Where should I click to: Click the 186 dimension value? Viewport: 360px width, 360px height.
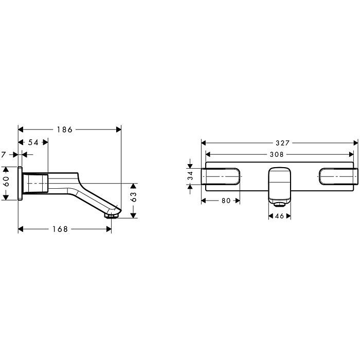coord(64,130)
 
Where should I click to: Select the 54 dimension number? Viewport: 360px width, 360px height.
coord(33,142)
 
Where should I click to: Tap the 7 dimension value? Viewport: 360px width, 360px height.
coord(3,155)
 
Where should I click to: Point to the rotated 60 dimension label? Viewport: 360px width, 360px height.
coord(6,182)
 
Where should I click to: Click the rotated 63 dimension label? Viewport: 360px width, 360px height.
coord(133,197)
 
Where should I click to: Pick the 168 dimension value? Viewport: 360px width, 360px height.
coord(60,229)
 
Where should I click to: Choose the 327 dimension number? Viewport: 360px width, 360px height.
coord(283,143)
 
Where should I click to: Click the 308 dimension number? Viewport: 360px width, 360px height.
coord(277,154)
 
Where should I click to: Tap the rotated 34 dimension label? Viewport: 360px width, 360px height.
coord(190,176)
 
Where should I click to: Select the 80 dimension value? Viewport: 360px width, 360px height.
coord(226,201)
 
